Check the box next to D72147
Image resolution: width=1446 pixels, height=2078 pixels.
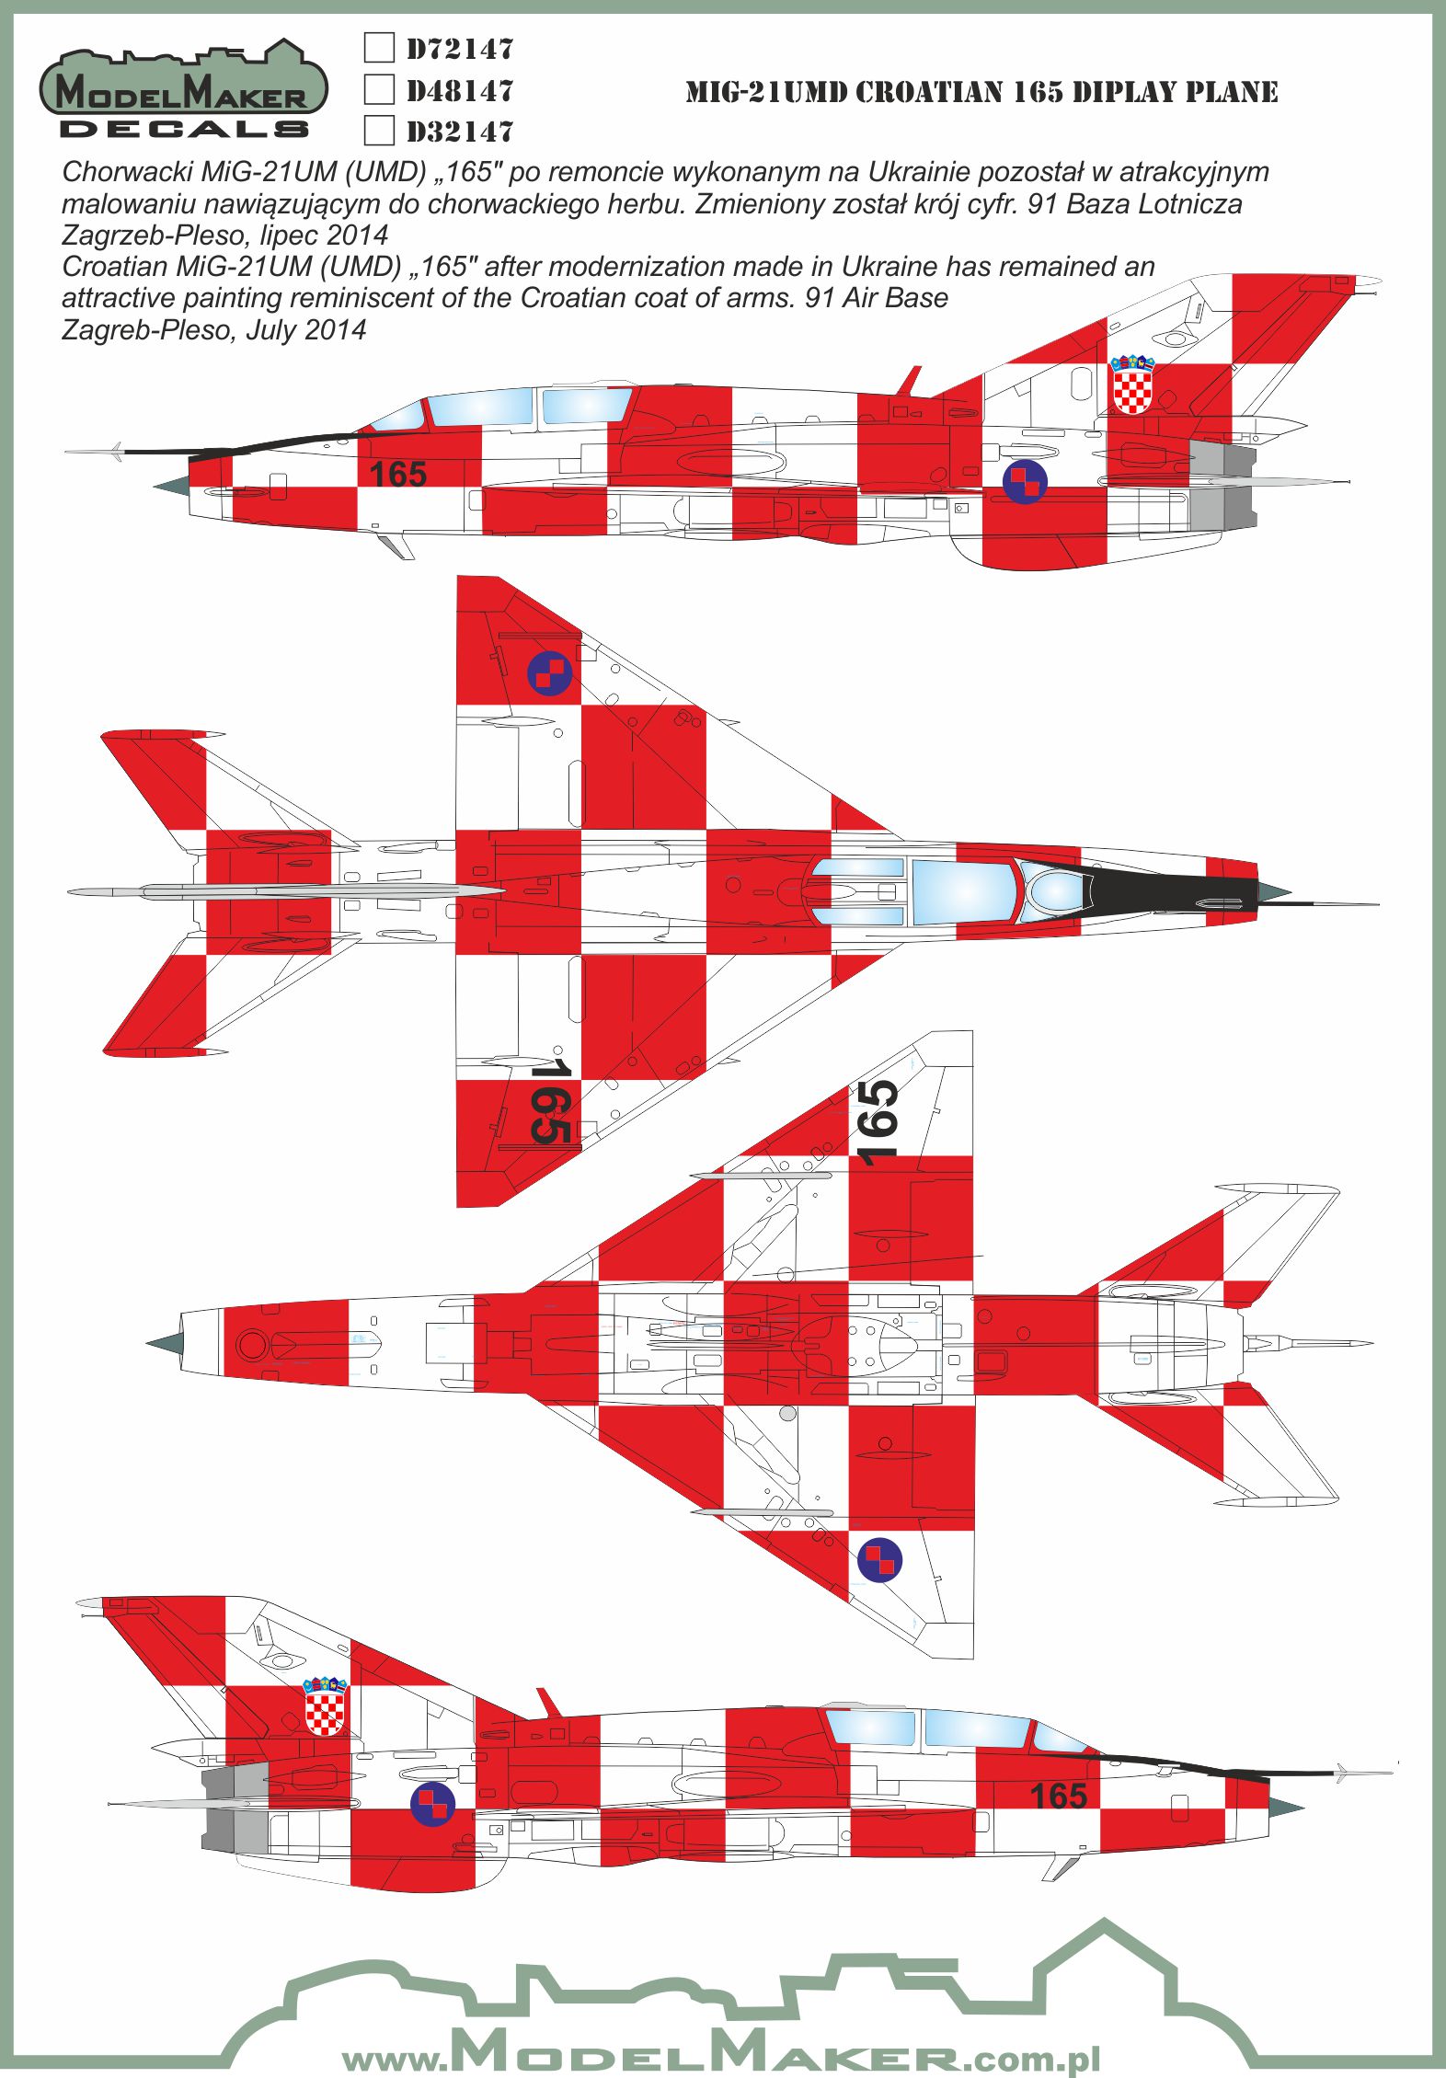coord(379,47)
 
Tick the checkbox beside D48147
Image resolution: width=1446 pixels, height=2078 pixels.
coord(379,89)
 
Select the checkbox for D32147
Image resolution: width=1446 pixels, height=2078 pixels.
coord(379,131)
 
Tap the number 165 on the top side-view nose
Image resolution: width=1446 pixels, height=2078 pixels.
coord(397,475)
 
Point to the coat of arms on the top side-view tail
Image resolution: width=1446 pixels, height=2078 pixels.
coord(1132,385)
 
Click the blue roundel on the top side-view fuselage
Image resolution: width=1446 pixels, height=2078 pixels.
coord(1025,481)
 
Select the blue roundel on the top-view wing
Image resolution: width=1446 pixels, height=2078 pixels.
coord(549,673)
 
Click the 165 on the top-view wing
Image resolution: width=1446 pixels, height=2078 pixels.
coord(551,1101)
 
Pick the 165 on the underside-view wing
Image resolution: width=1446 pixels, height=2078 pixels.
coord(878,1121)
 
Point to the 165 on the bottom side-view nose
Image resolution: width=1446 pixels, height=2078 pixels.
coord(1058,1795)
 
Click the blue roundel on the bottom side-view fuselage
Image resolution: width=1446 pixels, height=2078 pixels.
coord(432,1803)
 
